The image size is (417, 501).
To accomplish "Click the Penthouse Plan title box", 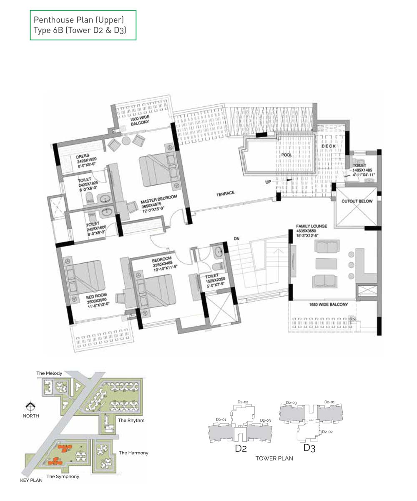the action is click(83, 25).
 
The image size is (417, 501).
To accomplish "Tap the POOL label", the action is click(286, 155).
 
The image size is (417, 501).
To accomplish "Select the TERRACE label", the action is click(225, 194).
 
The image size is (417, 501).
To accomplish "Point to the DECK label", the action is click(329, 146).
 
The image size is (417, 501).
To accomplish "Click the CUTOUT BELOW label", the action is click(357, 201).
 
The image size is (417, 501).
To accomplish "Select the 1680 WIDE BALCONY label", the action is click(329, 305).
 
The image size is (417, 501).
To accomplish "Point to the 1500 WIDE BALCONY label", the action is click(140, 120).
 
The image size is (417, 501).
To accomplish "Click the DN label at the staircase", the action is click(236, 239).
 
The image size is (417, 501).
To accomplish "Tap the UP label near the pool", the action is click(268, 182).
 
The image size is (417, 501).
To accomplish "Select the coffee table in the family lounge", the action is click(327, 264).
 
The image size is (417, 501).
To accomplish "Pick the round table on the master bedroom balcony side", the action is click(126, 141).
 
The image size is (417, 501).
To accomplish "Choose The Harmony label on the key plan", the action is click(133, 453).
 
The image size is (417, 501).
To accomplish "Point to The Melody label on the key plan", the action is click(49, 373).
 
